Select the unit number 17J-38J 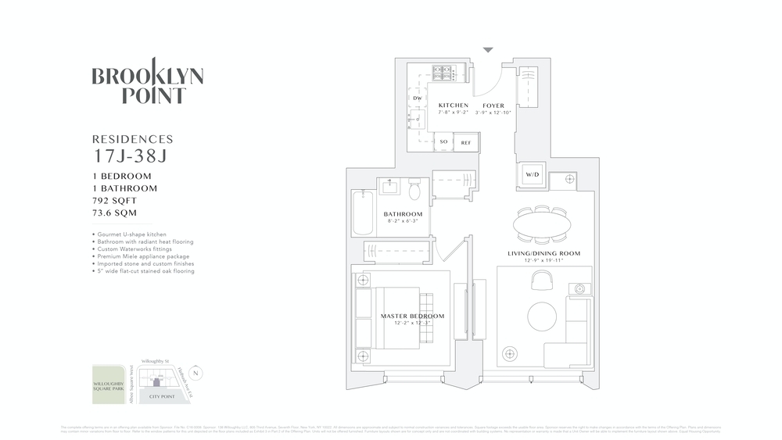click(x=129, y=156)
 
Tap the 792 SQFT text click(x=119, y=201)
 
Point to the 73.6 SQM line click(x=118, y=213)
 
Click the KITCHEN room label click(x=454, y=106)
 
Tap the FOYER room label click(x=493, y=106)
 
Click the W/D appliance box click(x=532, y=174)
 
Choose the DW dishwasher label click(x=418, y=98)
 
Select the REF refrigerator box click(x=466, y=142)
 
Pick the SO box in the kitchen click(x=443, y=142)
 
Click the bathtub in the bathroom click(x=362, y=212)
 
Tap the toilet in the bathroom click(x=414, y=188)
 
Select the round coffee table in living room click(x=542, y=317)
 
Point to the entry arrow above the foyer click(x=488, y=50)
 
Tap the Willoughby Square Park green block click(x=107, y=384)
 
